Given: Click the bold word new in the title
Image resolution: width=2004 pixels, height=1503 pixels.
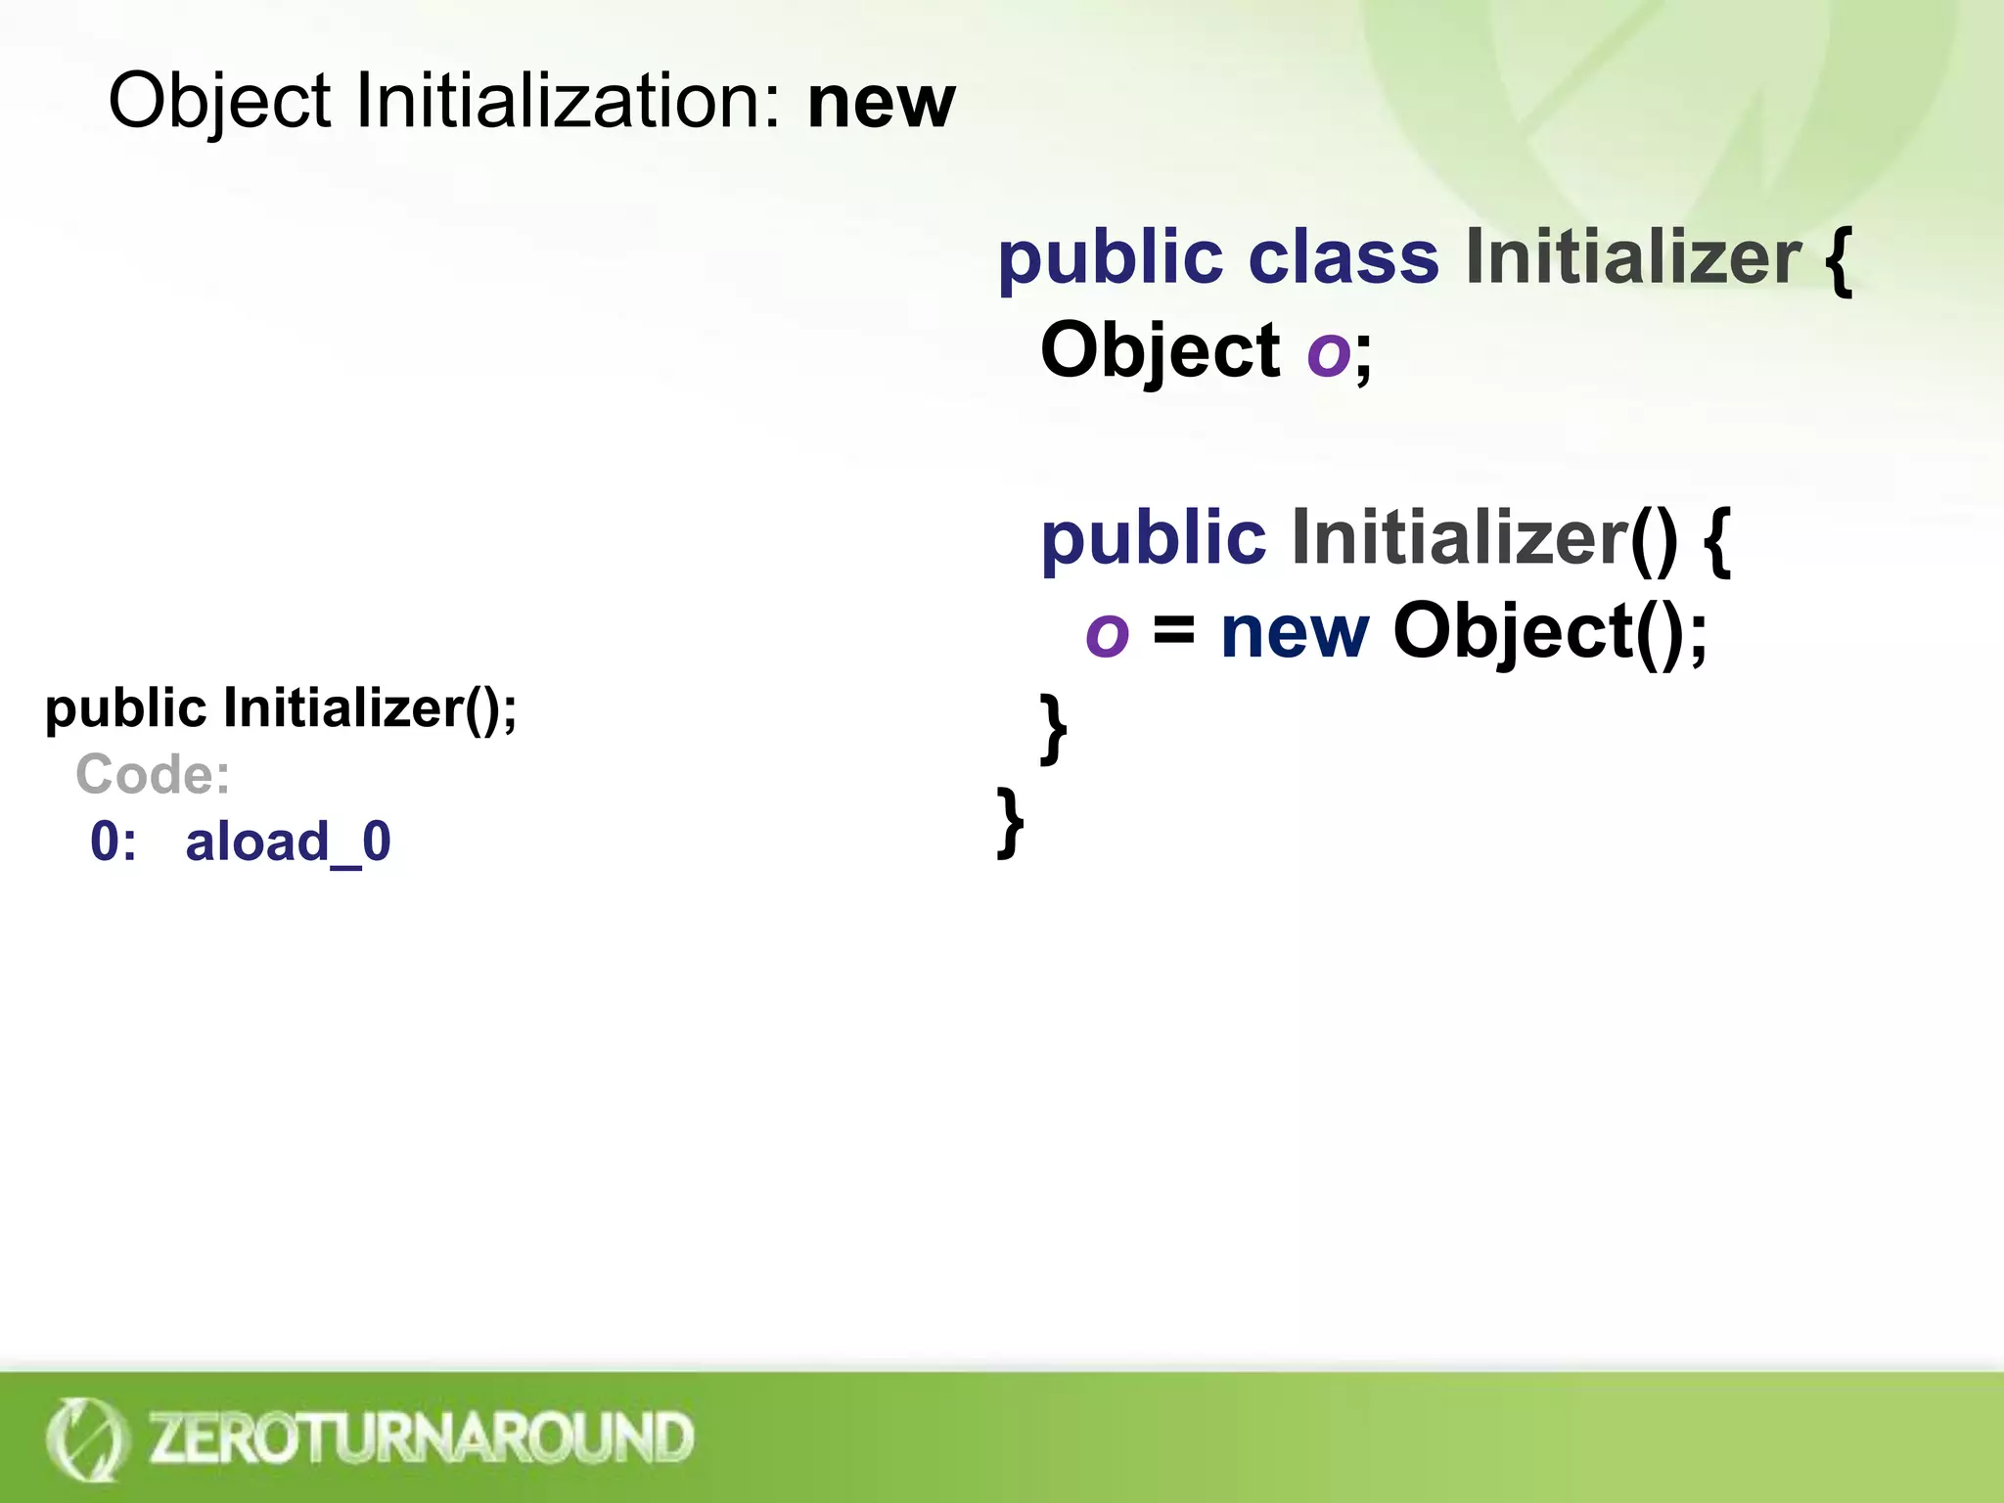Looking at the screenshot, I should [881, 103].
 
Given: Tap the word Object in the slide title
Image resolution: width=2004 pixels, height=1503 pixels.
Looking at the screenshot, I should [219, 103].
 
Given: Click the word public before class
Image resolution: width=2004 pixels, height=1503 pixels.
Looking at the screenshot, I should [1110, 260].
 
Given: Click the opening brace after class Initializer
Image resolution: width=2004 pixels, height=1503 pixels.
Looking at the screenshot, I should [1839, 260].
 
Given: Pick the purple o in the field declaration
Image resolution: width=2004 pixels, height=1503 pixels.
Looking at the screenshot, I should [1329, 352].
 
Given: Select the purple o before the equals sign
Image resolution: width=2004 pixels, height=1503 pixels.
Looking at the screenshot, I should [1107, 634].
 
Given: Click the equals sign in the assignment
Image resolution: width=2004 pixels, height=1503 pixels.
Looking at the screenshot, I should [1173, 629].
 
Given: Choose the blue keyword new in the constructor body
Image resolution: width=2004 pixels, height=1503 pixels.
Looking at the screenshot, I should [1295, 632].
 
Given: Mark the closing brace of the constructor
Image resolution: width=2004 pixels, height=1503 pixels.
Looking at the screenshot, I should [1053, 728].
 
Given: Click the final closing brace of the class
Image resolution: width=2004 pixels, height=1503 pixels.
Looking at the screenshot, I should [1010, 822].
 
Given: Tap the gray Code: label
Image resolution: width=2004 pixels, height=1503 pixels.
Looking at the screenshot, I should [153, 775].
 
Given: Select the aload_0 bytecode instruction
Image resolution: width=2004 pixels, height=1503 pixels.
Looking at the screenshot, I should [288, 842].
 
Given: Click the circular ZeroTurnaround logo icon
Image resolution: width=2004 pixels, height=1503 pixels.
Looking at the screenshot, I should [86, 1438].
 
